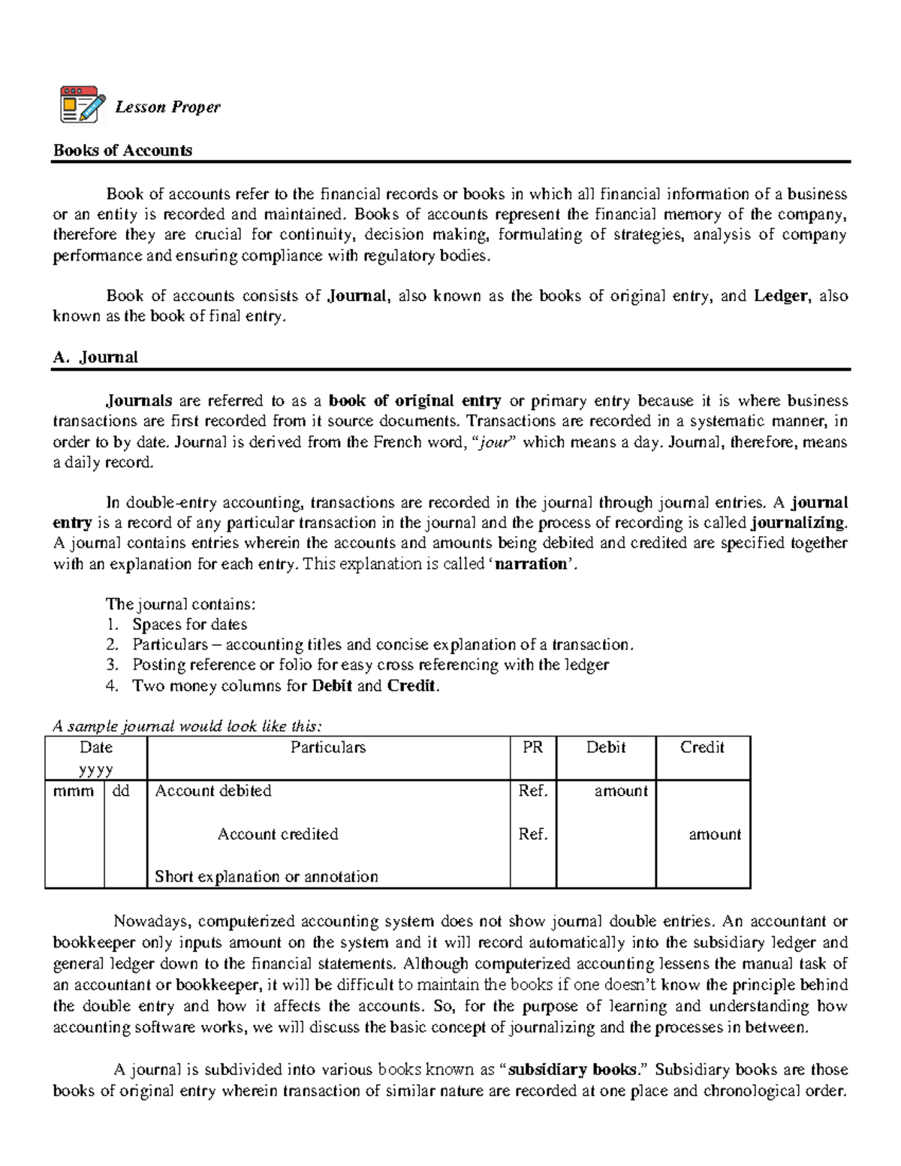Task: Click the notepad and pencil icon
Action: click(82, 104)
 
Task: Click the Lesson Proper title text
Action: click(167, 107)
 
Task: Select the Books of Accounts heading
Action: click(122, 150)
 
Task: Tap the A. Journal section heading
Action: click(95, 357)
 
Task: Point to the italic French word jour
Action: click(493, 442)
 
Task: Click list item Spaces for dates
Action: click(189, 625)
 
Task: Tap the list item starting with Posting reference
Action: click(370, 665)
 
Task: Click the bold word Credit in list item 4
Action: click(411, 686)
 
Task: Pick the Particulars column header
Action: click(328, 748)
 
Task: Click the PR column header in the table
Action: click(532, 748)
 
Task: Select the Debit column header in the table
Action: click(606, 748)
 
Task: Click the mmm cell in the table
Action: click(74, 791)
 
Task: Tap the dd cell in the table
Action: click(121, 791)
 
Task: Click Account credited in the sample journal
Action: click(278, 834)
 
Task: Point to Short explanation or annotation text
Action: click(266, 877)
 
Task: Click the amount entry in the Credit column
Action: click(715, 834)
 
